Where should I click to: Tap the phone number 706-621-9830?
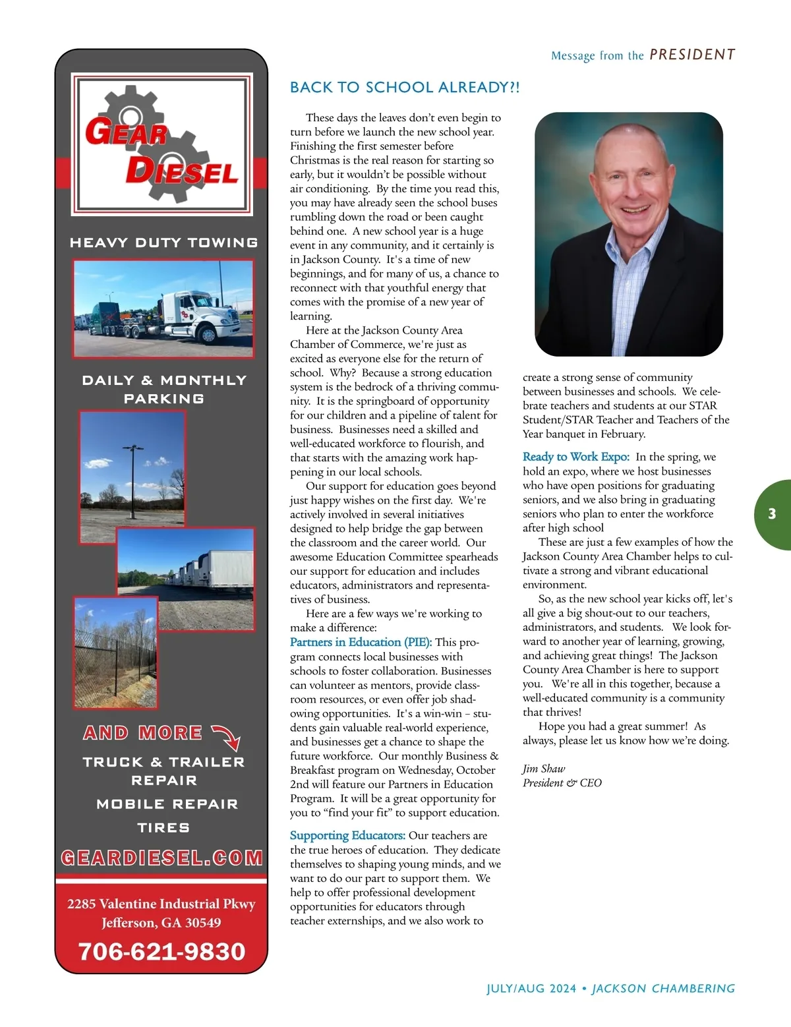(x=161, y=951)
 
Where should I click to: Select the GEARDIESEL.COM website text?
(x=161, y=858)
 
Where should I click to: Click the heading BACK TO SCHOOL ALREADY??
(x=405, y=88)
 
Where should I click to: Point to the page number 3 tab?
(x=772, y=514)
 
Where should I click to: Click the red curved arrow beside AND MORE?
(x=226, y=737)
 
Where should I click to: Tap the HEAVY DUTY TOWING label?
(x=163, y=243)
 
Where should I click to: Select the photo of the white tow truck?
(x=163, y=308)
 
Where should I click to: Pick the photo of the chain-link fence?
(x=115, y=653)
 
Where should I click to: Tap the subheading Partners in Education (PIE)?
(x=361, y=642)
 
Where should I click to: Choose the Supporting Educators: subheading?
(x=347, y=835)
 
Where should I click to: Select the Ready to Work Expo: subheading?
(x=575, y=457)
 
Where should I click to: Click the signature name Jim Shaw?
(x=544, y=769)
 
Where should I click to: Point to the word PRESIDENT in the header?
(x=692, y=55)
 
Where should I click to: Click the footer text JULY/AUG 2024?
(x=531, y=988)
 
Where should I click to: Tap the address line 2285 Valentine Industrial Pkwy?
(x=161, y=904)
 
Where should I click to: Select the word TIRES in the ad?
(x=163, y=827)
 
